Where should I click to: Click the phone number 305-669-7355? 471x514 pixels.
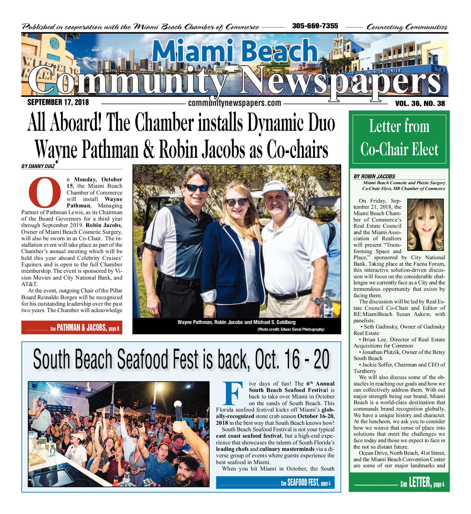(315, 26)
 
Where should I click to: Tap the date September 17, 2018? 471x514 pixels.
(58, 103)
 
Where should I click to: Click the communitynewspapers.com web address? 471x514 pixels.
(234, 103)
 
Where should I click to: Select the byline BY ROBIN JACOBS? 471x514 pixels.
(374, 176)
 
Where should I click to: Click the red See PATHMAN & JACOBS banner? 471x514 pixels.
(72, 328)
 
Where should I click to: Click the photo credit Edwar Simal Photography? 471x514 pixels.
(291, 329)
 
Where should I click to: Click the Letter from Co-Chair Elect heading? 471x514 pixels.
(399, 138)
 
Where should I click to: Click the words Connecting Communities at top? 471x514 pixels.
(407, 27)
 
